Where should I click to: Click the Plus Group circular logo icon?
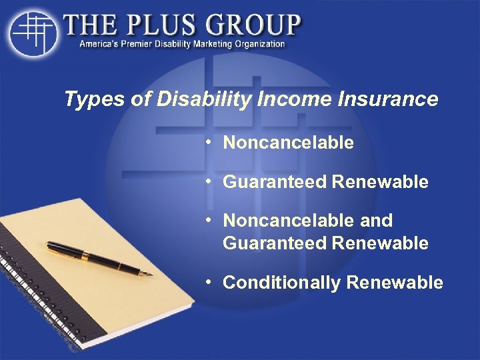point(31,32)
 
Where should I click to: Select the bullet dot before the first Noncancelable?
point(209,142)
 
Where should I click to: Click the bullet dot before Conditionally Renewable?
point(209,281)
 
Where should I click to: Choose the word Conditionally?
point(281,283)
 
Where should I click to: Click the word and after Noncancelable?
point(376,220)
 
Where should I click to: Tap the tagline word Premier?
point(140,44)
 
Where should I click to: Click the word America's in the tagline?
point(101,44)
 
